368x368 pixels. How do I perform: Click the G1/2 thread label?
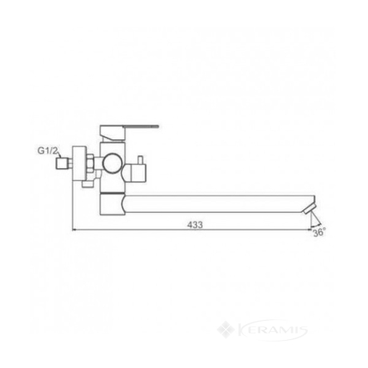point(47,150)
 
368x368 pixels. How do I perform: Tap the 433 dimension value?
point(195,225)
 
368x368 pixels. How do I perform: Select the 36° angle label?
point(319,233)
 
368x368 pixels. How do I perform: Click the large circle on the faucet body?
point(112,163)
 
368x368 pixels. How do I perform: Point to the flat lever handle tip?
point(158,126)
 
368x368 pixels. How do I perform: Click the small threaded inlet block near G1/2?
point(61,163)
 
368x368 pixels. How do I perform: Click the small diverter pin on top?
point(140,161)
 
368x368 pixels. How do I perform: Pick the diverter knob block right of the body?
point(136,174)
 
